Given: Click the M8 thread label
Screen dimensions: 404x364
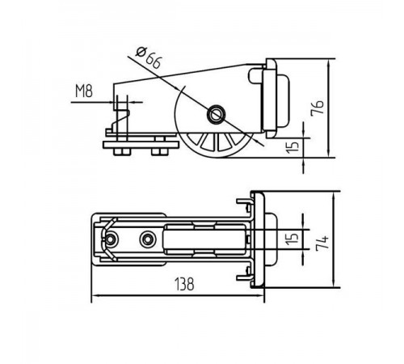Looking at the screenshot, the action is (x=84, y=91).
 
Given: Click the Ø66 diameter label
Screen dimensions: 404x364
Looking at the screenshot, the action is (x=149, y=59).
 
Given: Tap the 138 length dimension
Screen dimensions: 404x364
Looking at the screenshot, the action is (x=184, y=284).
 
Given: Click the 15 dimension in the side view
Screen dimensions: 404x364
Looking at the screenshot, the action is (x=292, y=146).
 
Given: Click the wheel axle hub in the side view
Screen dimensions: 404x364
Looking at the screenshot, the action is (x=216, y=114).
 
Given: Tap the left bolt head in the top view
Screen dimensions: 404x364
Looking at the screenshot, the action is (x=111, y=239).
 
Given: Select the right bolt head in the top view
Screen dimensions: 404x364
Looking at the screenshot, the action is (x=148, y=239).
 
